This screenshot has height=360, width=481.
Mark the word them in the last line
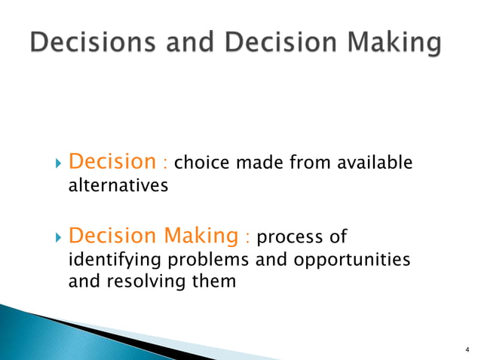(216, 282)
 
